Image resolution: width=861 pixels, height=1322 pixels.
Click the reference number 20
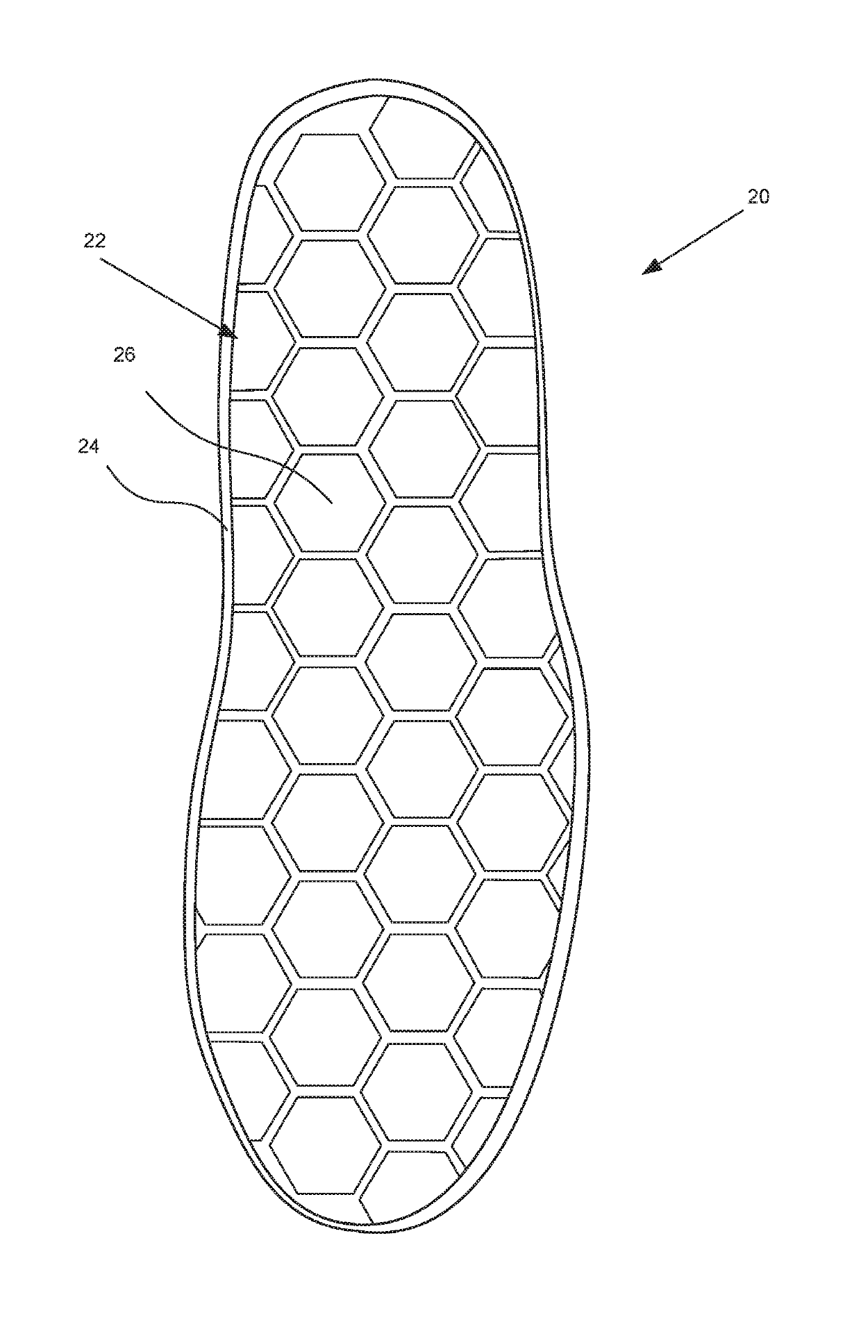[758, 196]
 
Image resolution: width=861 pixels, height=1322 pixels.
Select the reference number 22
[94, 241]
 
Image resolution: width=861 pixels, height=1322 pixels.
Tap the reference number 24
[88, 447]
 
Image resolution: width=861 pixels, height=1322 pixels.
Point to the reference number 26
[125, 355]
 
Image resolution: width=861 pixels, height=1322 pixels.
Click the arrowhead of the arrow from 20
[651, 267]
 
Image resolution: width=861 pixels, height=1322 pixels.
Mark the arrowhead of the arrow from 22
[227, 332]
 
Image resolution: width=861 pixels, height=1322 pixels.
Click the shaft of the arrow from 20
[701, 237]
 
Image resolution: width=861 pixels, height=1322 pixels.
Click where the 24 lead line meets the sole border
[227, 529]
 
